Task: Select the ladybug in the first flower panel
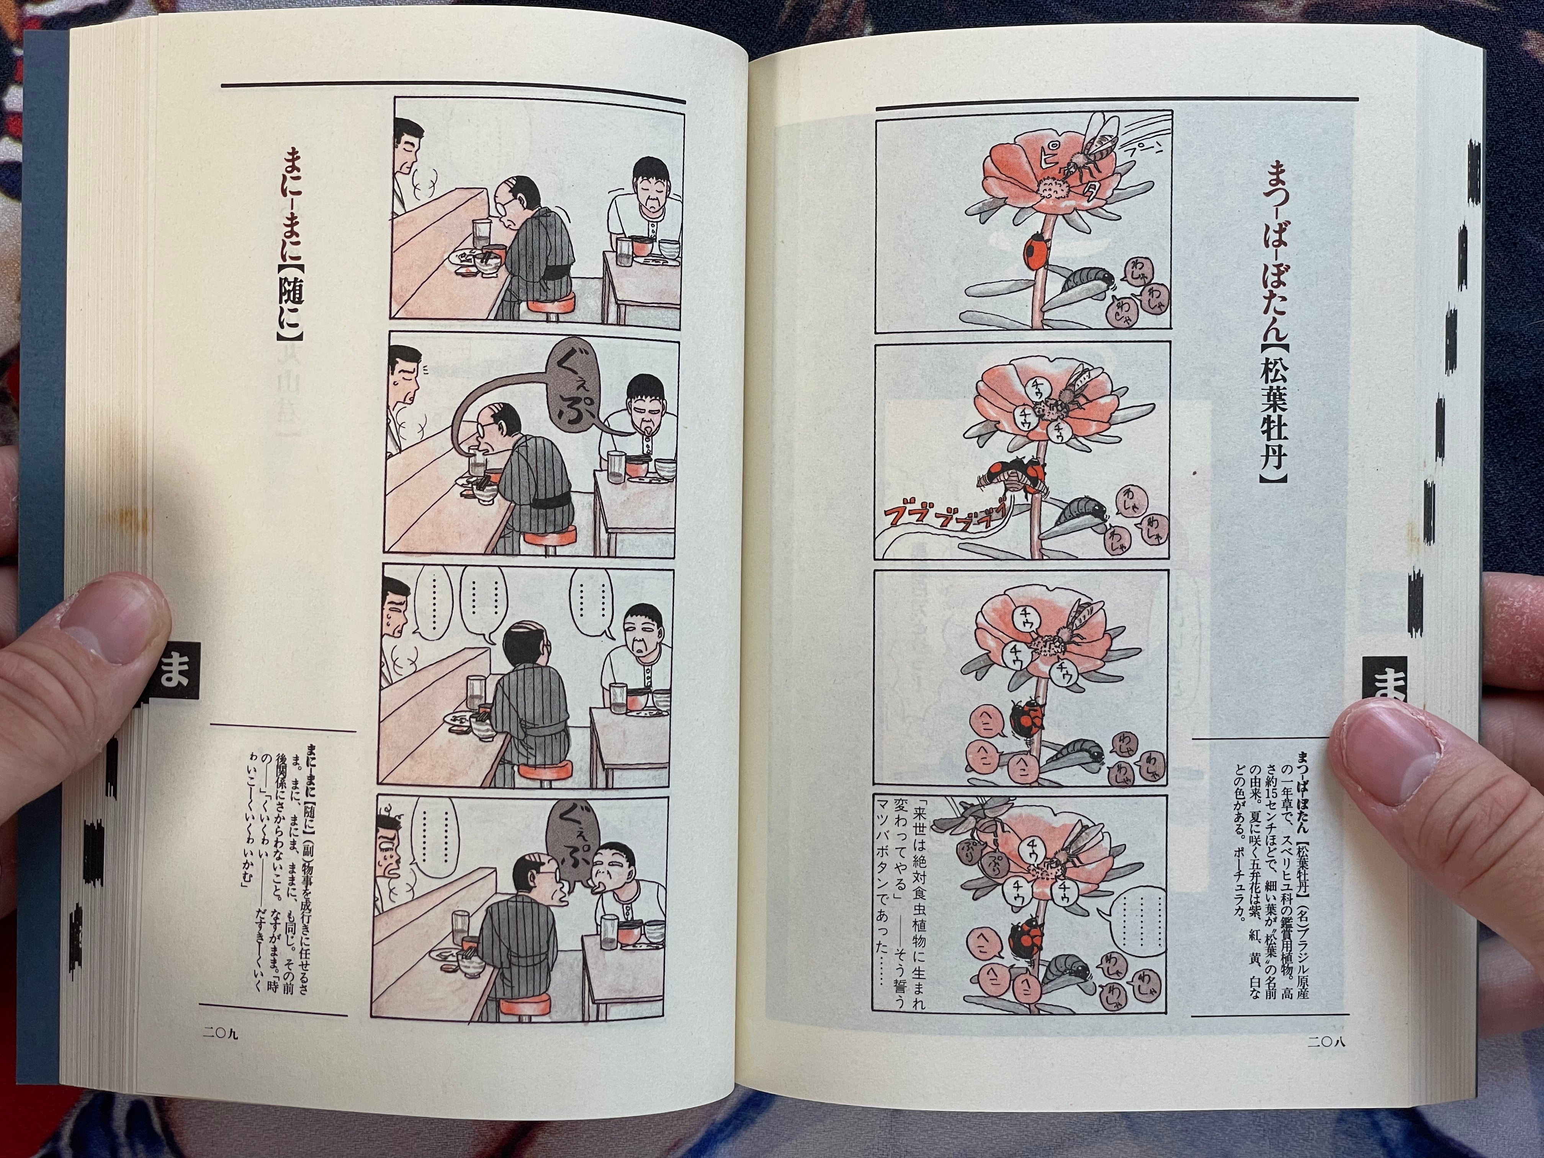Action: click(x=1036, y=266)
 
